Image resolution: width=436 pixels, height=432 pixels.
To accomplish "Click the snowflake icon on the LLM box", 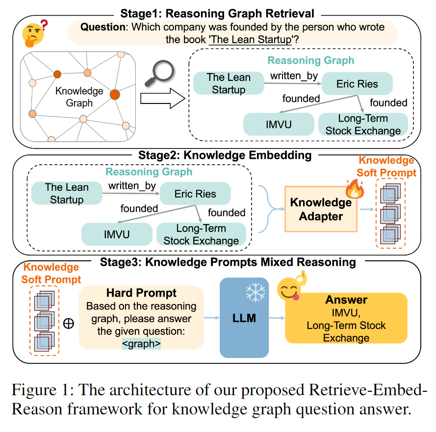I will tap(255, 293).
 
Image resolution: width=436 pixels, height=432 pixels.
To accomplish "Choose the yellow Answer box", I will tap(346, 318).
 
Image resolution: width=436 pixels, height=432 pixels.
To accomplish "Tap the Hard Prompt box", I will tap(141, 318).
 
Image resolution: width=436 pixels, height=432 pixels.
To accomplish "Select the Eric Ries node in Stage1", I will tap(357, 84).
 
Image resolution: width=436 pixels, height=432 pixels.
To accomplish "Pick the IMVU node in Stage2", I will tap(117, 234).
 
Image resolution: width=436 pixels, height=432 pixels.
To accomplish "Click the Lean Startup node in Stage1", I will tap(229, 83).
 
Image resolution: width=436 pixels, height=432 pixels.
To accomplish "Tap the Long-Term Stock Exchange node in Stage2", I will tap(201, 234).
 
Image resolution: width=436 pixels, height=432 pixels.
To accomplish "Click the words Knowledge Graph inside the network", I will tap(79, 97).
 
